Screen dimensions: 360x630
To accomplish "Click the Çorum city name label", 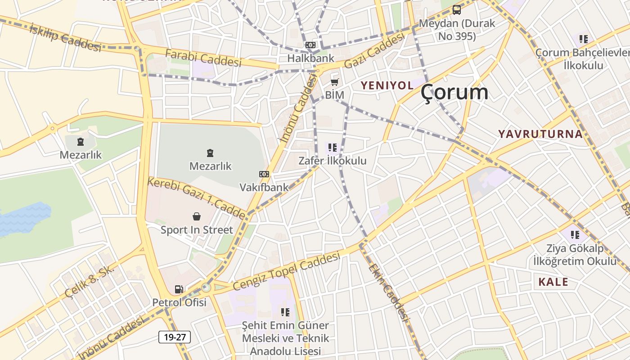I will coord(454,92).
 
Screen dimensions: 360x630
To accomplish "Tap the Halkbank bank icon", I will coord(310,45).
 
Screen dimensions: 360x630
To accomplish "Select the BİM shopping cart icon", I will coord(334,82).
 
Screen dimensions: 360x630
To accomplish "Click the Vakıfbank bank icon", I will coord(264,174).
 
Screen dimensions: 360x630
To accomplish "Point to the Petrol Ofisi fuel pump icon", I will coord(179,289).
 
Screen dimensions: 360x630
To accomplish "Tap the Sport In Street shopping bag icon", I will coord(197,216).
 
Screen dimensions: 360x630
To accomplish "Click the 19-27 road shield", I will coord(175,337).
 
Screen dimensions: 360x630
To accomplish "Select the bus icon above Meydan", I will coord(457,9).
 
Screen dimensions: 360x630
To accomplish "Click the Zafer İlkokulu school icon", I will coord(333,147).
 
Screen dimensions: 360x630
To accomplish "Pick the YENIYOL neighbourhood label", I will coord(387,85).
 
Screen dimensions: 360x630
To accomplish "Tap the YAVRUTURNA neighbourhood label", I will coord(540,134).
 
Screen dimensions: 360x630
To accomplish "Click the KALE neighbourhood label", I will coord(553,282).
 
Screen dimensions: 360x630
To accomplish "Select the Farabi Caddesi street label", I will coord(203,58).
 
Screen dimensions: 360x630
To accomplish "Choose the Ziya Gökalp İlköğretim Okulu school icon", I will coord(575,234).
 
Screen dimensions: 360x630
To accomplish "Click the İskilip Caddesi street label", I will coord(65,37).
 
